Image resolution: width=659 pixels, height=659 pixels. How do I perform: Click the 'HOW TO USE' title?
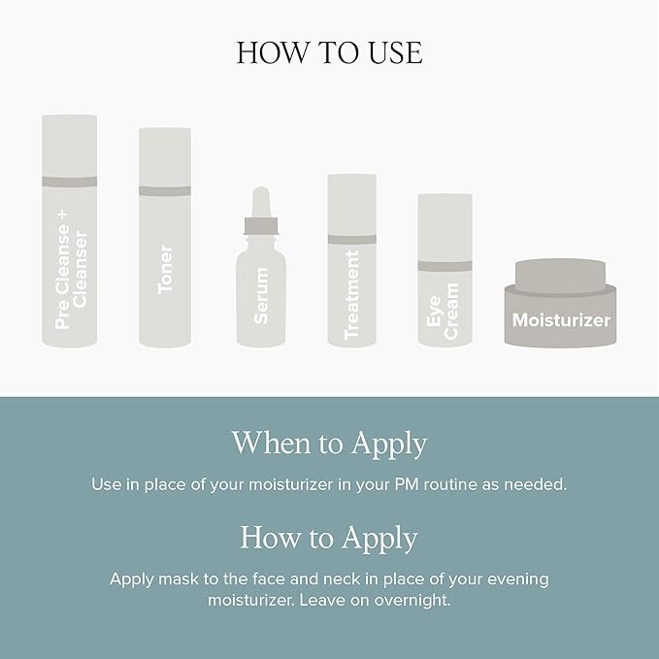(x=330, y=52)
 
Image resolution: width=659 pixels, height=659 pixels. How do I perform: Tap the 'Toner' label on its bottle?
(x=165, y=270)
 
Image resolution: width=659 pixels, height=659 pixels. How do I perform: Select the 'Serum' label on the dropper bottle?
(x=261, y=296)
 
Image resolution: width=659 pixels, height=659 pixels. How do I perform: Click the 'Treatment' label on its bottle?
(x=351, y=295)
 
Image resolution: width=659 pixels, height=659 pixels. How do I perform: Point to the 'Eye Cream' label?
(x=443, y=311)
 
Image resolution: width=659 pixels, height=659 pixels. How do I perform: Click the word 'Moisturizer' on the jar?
(x=561, y=320)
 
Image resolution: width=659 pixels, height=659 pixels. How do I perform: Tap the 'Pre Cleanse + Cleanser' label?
(x=71, y=270)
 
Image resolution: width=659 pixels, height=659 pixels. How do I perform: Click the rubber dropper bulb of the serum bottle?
(x=261, y=202)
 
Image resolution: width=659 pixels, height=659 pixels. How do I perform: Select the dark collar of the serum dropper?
(x=261, y=226)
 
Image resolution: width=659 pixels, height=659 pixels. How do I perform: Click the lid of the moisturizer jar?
(x=560, y=276)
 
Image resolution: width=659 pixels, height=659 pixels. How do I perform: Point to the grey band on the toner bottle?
(x=165, y=191)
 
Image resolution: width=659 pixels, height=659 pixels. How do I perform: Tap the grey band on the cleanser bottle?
(x=69, y=181)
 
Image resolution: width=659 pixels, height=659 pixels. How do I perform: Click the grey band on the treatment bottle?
(x=351, y=240)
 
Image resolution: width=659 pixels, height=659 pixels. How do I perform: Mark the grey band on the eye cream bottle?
(x=445, y=266)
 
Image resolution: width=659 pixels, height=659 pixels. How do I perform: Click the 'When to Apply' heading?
(x=330, y=444)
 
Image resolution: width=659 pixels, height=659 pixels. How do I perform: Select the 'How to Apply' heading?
(x=329, y=538)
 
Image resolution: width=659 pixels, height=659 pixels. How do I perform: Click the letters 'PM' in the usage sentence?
(x=407, y=484)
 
